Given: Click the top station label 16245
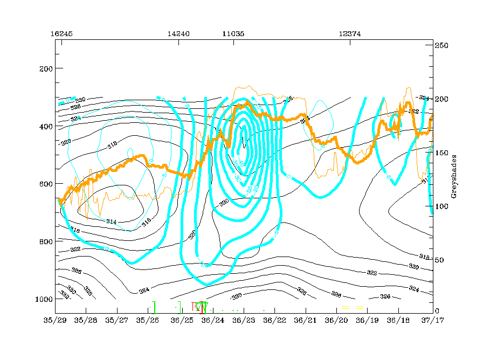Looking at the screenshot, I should click(x=61, y=33).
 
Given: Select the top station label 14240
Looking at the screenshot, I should click(x=178, y=33).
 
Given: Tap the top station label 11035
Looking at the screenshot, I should click(x=233, y=33).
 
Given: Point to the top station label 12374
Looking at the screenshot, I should click(x=350, y=33).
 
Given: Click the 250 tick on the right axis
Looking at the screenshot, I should click(x=442, y=46).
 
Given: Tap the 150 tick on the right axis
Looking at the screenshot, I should click(x=442, y=153).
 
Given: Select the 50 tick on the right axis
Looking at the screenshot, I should click(x=440, y=259).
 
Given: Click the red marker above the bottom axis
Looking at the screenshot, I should click(x=201, y=308).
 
